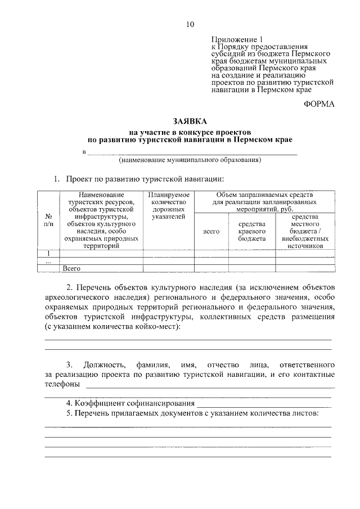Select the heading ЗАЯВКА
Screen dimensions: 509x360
190,121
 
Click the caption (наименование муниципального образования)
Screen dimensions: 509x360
190,160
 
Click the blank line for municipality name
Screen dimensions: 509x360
191,152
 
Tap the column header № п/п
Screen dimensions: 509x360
48,220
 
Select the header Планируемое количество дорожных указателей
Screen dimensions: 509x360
168,205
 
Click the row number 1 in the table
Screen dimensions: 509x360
48,253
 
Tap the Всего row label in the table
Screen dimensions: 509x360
73,269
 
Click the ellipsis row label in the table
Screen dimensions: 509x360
48,261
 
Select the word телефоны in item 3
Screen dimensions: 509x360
62,385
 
